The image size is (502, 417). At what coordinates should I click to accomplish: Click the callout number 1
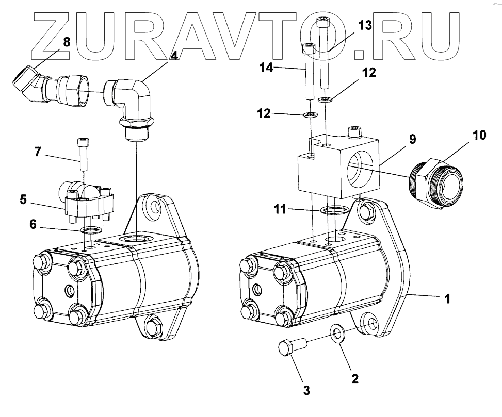point(447,298)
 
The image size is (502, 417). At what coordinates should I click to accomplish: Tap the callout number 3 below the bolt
point(306,391)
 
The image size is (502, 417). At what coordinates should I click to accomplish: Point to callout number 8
point(67,42)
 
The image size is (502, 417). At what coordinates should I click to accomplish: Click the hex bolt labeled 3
point(292,347)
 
